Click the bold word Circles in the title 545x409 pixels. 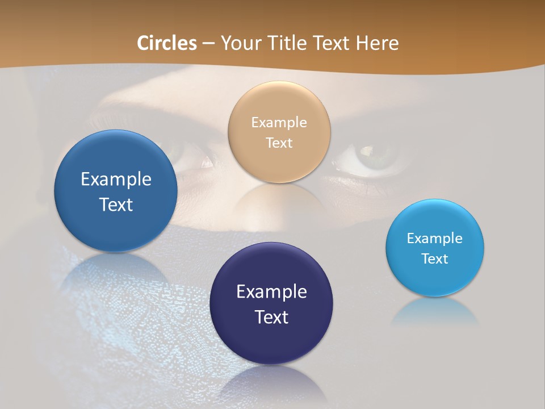[x=167, y=43]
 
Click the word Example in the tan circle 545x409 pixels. [x=279, y=122]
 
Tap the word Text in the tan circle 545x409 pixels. [x=279, y=143]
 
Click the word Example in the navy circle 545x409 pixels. [x=271, y=291]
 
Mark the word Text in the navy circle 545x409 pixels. [x=271, y=317]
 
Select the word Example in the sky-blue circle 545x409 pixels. [x=435, y=238]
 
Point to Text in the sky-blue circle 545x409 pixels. [x=435, y=258]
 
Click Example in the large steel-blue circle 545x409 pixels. [x=116, y=179]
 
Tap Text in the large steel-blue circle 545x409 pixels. [x=116, y=204]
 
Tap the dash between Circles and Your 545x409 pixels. [x=208, y=44]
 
